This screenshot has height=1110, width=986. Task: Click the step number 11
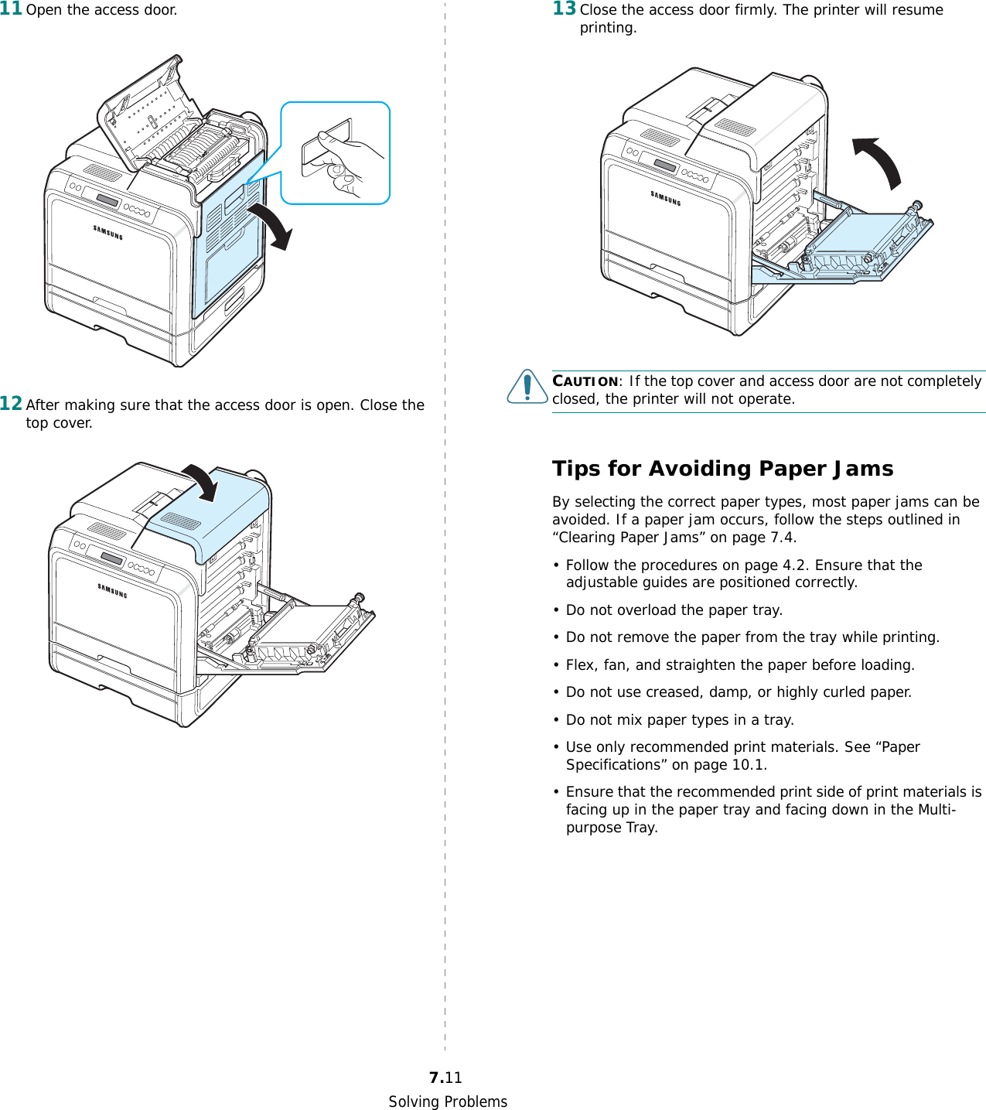coord(11,9)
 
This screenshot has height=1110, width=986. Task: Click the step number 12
coord(11,403)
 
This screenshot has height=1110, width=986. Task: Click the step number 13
coord(564,9)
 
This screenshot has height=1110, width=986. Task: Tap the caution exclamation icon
coord(527,386)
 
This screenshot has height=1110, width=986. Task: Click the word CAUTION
coord(585,381)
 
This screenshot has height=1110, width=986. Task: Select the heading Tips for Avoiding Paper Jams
coord(722,469)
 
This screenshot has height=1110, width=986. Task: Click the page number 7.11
coord(445,1078)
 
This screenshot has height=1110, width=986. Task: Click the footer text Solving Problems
coord(448,1101)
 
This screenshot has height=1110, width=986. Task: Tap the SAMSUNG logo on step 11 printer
coord(107,232)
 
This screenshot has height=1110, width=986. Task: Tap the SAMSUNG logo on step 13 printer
coord(665,198)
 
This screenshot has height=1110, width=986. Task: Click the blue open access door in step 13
coord(851,248)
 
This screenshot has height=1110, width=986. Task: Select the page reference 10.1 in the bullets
coord(748,765)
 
